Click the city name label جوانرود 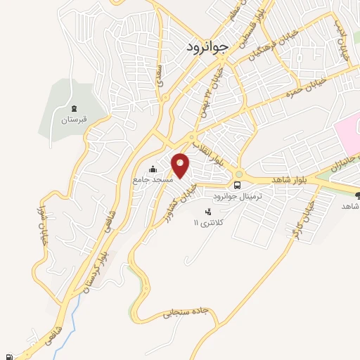[x=210, y=46]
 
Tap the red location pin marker [x=181, y=165]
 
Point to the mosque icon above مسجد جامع [x=153, y=168]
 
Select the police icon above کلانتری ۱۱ [x=207, y=211]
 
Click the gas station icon [x=8, y=355]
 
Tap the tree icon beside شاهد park [x=357, y=195]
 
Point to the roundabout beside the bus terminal [x=239, y=173]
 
